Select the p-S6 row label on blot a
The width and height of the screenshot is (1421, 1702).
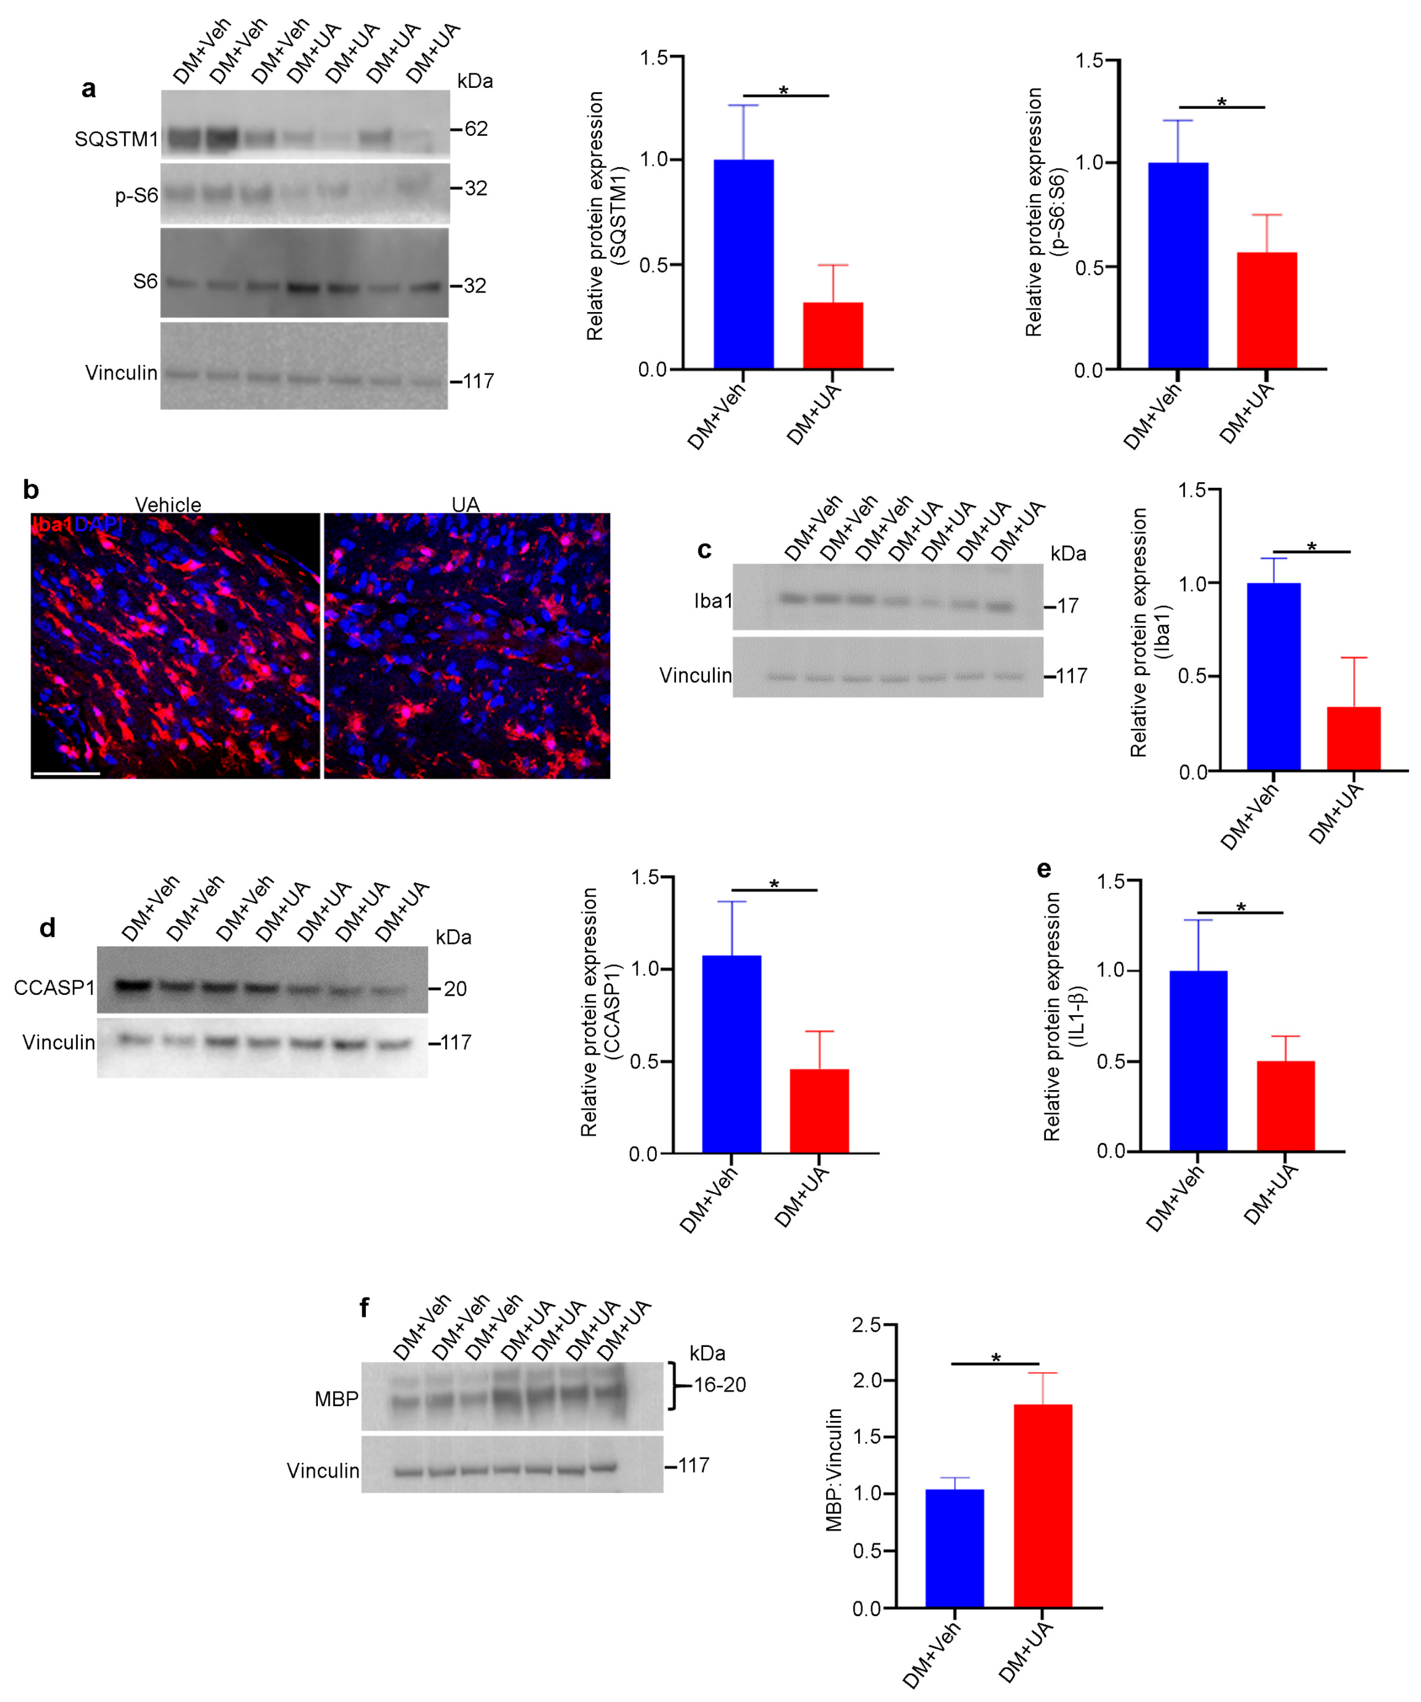[136, 195]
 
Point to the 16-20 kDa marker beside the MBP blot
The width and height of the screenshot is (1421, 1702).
[719, 1384]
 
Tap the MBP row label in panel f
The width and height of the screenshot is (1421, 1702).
[336, 1399]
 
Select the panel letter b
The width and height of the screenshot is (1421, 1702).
[31, 490]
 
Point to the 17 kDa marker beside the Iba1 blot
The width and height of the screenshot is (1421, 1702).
[1067, 606]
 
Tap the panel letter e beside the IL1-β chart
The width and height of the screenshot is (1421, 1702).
[1044, 870]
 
